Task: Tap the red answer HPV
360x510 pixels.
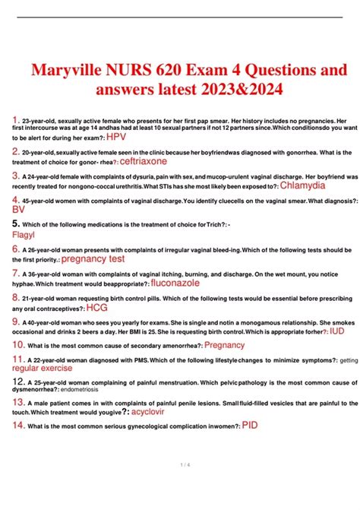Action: tap(116, 137)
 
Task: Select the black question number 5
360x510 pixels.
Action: tap(17, 224)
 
